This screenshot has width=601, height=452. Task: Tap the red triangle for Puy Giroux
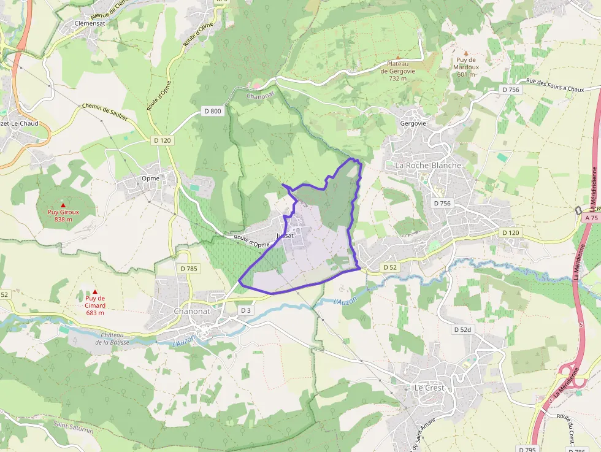(x=63, y=205)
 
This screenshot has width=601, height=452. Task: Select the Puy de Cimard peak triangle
(x=94, y=292)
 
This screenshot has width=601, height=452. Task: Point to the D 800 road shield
(x=212, y=111)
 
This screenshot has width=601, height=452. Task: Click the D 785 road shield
(x=189, y=268)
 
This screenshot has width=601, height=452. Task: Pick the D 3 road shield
(x=245, y=310)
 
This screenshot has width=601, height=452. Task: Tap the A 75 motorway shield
(x=591, y=218)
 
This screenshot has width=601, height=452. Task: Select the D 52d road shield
(x=463, y=329)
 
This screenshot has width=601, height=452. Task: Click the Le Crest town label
(x=429, y=388)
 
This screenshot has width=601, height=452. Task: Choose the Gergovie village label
(x=412, y=123)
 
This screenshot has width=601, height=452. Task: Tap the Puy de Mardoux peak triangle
(x=465, y=53)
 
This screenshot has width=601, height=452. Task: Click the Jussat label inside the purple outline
(x=286, y=236)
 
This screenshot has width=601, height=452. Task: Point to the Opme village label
(x=150, y=178)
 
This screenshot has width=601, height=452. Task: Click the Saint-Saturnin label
(x=73, y=427)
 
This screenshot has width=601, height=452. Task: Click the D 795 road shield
(x=527, y=448)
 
